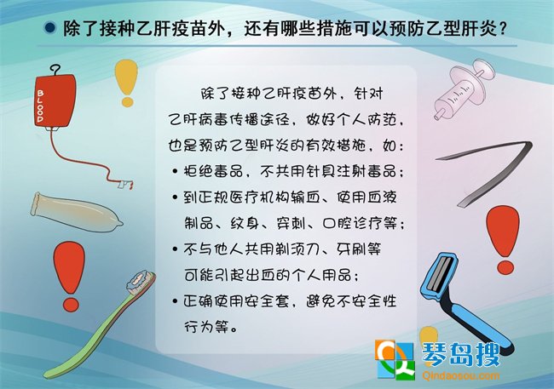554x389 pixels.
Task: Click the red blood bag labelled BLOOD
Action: (55, 100)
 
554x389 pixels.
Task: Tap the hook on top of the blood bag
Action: (55, 70)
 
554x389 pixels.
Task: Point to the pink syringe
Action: (463, 90)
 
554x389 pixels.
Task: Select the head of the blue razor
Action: (439, 275)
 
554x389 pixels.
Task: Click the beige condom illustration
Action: (76, 213)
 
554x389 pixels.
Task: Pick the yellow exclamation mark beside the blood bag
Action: (126, 83)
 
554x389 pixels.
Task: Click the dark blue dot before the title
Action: (49, 27)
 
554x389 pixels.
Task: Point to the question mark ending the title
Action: (503, 28)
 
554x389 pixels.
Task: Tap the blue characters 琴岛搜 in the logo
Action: (461, 354)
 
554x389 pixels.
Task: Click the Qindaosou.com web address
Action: (461, 375)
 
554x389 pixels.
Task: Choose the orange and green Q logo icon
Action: (395, 359)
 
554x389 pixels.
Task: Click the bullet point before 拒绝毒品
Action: (175, 172)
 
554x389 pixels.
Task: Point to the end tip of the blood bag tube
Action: (131, 186)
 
